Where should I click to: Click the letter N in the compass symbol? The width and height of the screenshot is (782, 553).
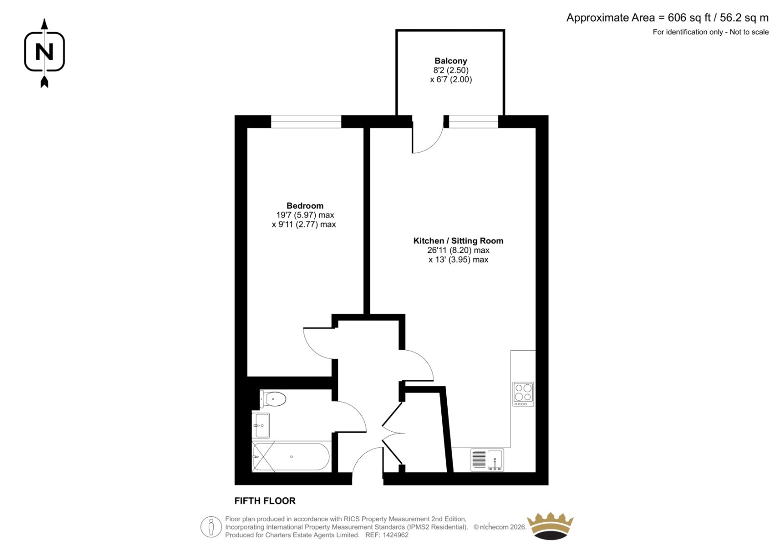coord(44,52)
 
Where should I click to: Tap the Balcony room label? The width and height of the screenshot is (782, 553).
coord(451,61)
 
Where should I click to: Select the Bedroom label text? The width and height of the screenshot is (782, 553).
coord(305,206)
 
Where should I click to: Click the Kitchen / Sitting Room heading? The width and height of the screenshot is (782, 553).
coord(458,241)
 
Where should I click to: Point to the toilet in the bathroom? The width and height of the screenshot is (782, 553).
coord(273,398)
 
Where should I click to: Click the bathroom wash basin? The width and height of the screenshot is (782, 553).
coord(261,425)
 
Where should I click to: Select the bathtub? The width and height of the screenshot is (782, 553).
coord(291,457)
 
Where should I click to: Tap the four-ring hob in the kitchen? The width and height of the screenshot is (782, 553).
coord(523,394)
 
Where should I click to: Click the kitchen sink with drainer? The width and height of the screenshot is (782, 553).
coord(487,460)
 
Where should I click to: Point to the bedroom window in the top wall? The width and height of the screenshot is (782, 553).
coord(306,122)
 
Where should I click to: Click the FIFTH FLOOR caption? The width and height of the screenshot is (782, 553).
coord(265,501)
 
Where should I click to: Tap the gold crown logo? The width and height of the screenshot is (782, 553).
coord(550,526)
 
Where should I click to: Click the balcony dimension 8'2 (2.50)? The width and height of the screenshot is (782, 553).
coord(451,70)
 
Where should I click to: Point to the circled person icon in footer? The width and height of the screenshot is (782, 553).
coord(211,527)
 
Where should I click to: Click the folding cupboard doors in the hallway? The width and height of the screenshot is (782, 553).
coord(393,434)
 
